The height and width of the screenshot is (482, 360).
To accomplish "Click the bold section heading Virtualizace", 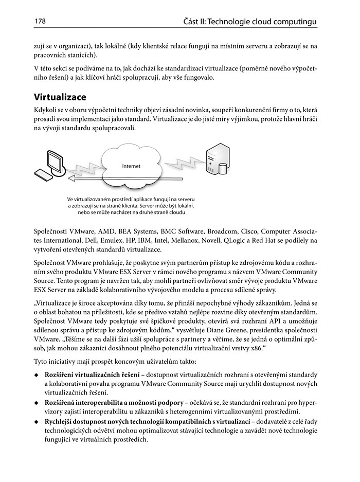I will [x=60, y=97].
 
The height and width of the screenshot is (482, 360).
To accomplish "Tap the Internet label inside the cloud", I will [x=131, y=166].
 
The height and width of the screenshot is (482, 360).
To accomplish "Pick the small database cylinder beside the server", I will [x=223, y=169].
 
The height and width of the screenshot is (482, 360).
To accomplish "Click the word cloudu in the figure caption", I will [x=174, y=212].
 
